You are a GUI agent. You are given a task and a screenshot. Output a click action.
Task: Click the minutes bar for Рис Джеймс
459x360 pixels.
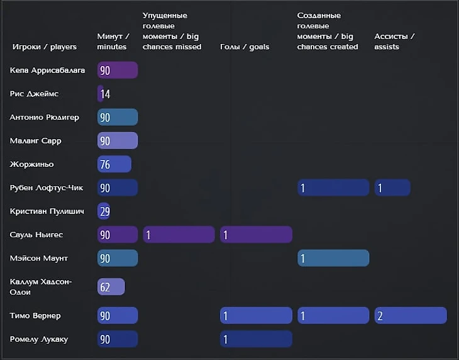pyautogui.click(x=101, y=94)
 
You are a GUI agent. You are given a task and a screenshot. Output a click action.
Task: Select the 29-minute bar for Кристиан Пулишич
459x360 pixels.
pyautogui.click(x=104, y=211)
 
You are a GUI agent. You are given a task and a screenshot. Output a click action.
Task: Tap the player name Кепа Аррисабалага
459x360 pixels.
pyautogui.click(x=47, y=70)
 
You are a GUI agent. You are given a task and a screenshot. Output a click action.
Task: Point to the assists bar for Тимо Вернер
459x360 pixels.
pyautogui.click(x=411, y=316)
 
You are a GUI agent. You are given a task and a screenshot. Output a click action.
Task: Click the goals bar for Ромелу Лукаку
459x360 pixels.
pyautogui.click(x=256, y=339)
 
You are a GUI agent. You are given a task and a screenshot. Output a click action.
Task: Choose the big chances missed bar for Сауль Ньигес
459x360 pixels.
pyautogui.click(x=179, y=235)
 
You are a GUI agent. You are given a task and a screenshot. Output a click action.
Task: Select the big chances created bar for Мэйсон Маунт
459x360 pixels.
pyautogui.click(x=333, y=259)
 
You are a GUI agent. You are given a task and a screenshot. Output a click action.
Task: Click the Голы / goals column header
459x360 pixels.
pyautogui.click(x=245, y=47)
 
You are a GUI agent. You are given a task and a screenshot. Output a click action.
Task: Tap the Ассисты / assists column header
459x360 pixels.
pyautogui.click(x=395, y=42)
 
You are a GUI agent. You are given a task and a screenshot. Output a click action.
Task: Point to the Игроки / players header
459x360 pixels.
pyautogui.click(x=45, y=47)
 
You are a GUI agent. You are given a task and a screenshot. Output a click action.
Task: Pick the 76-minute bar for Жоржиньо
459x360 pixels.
pyautogui.click(x=114, y=164)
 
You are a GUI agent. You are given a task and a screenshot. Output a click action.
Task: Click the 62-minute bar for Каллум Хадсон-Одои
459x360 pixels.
pyautogui.click(x=111, y=287)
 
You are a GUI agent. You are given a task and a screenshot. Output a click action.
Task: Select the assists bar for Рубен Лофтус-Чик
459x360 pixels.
pyautogui.click(x=392, y=188)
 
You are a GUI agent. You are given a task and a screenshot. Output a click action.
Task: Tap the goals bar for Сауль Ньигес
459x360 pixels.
pyautogui.click(x=256, y=235)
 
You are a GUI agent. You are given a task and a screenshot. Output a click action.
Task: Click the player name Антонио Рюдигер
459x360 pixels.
pyautogui.click(x=45, y=117)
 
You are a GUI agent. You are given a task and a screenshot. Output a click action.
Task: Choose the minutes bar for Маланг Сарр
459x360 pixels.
pyautogui.click(x=118, y=141)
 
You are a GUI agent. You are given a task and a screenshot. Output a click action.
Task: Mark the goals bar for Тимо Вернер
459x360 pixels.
pyautogui.click(x=256, y=316)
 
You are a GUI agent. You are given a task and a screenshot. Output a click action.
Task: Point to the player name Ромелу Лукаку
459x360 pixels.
pyautogui.click(x=39, y=339)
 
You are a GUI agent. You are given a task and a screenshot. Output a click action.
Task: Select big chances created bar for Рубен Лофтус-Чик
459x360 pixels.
pyautogui.click(x=333, y=188)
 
